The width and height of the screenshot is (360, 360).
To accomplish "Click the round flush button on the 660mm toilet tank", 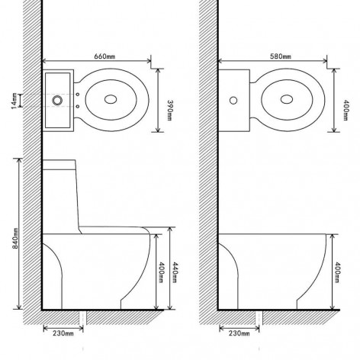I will coord(56,99).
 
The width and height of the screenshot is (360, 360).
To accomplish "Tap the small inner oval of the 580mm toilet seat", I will coord(288,99).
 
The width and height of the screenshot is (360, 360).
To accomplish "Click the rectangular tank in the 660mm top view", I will coord(58,99).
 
